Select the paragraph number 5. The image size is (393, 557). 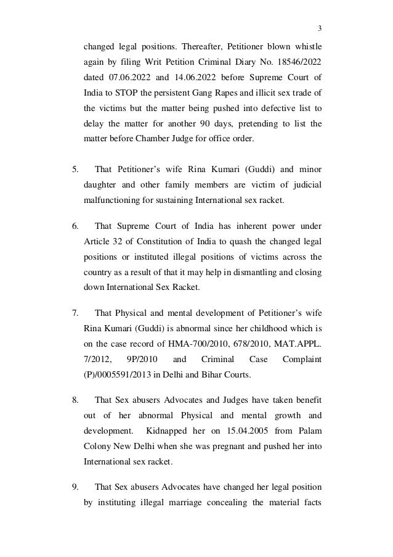[x=75, y=168]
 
